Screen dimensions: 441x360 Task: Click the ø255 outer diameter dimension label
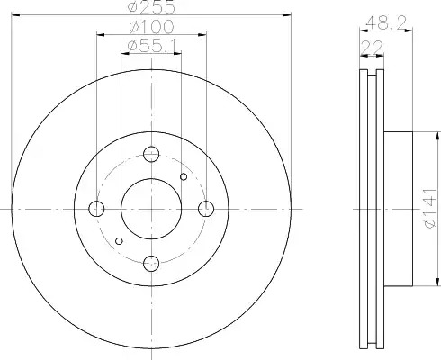point(151,6)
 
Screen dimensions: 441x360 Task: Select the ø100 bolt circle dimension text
point(151,27)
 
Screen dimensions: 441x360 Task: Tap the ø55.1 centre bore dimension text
point(152,46)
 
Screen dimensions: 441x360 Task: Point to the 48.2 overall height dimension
point(386,22)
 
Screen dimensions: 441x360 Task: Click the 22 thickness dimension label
point(373,47)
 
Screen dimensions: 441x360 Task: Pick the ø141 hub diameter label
point(429,209)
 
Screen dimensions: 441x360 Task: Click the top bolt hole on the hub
point(151,154)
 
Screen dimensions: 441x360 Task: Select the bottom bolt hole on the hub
point(151,264)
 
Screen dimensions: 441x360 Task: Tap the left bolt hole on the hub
point(96,209)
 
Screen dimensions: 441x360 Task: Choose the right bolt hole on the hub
point(206,209)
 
